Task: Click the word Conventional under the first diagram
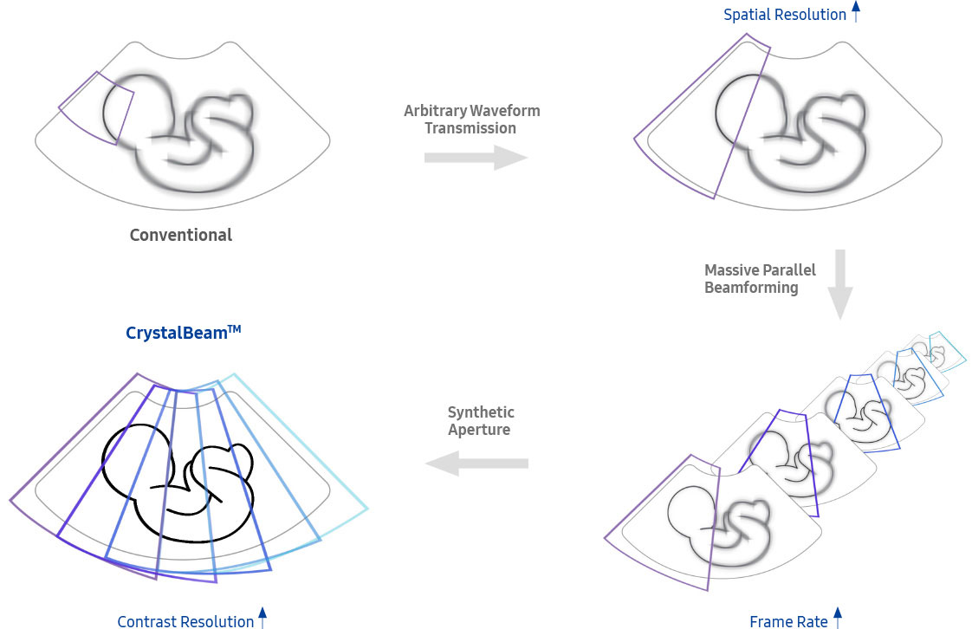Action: [180, 235]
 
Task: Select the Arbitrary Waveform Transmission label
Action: [472, 120]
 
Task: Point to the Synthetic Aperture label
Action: [481, 420]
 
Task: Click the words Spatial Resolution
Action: [785, 14]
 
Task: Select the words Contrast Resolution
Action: [185, 621]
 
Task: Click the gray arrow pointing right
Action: [476, 157]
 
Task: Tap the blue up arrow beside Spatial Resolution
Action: [856, 11]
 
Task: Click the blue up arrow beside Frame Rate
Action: [837, 618]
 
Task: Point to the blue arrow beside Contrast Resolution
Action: [262, 619]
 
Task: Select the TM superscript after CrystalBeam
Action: [234, 327]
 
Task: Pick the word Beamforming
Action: [751, 287]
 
